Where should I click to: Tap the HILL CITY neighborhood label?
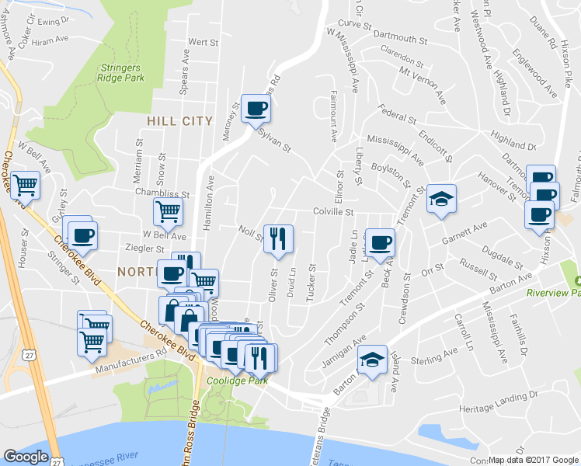coord(178,121)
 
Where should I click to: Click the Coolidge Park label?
coord(238,381)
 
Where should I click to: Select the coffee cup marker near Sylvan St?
coord(256,110)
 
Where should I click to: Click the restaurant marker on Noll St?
coord(278,238)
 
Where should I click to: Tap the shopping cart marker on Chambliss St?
coord(168,211)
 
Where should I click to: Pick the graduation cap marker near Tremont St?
coord(441,200)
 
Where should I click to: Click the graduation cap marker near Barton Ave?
coord(372,360)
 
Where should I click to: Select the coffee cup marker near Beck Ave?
coord(380,243)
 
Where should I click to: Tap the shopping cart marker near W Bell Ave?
coord(26,186)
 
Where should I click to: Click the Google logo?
coord(26,457)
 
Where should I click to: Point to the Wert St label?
coord(202,41)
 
